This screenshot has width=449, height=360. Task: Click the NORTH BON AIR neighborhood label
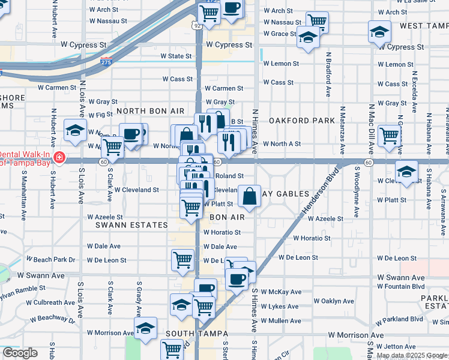click(x=150, y=112)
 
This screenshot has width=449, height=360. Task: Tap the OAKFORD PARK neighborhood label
click(x=301, y=121)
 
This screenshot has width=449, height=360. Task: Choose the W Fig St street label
click(x=100, y=114)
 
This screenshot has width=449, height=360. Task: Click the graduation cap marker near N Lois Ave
click(x=76, y=130)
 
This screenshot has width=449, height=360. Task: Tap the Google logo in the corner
click(x=20, y=353)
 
